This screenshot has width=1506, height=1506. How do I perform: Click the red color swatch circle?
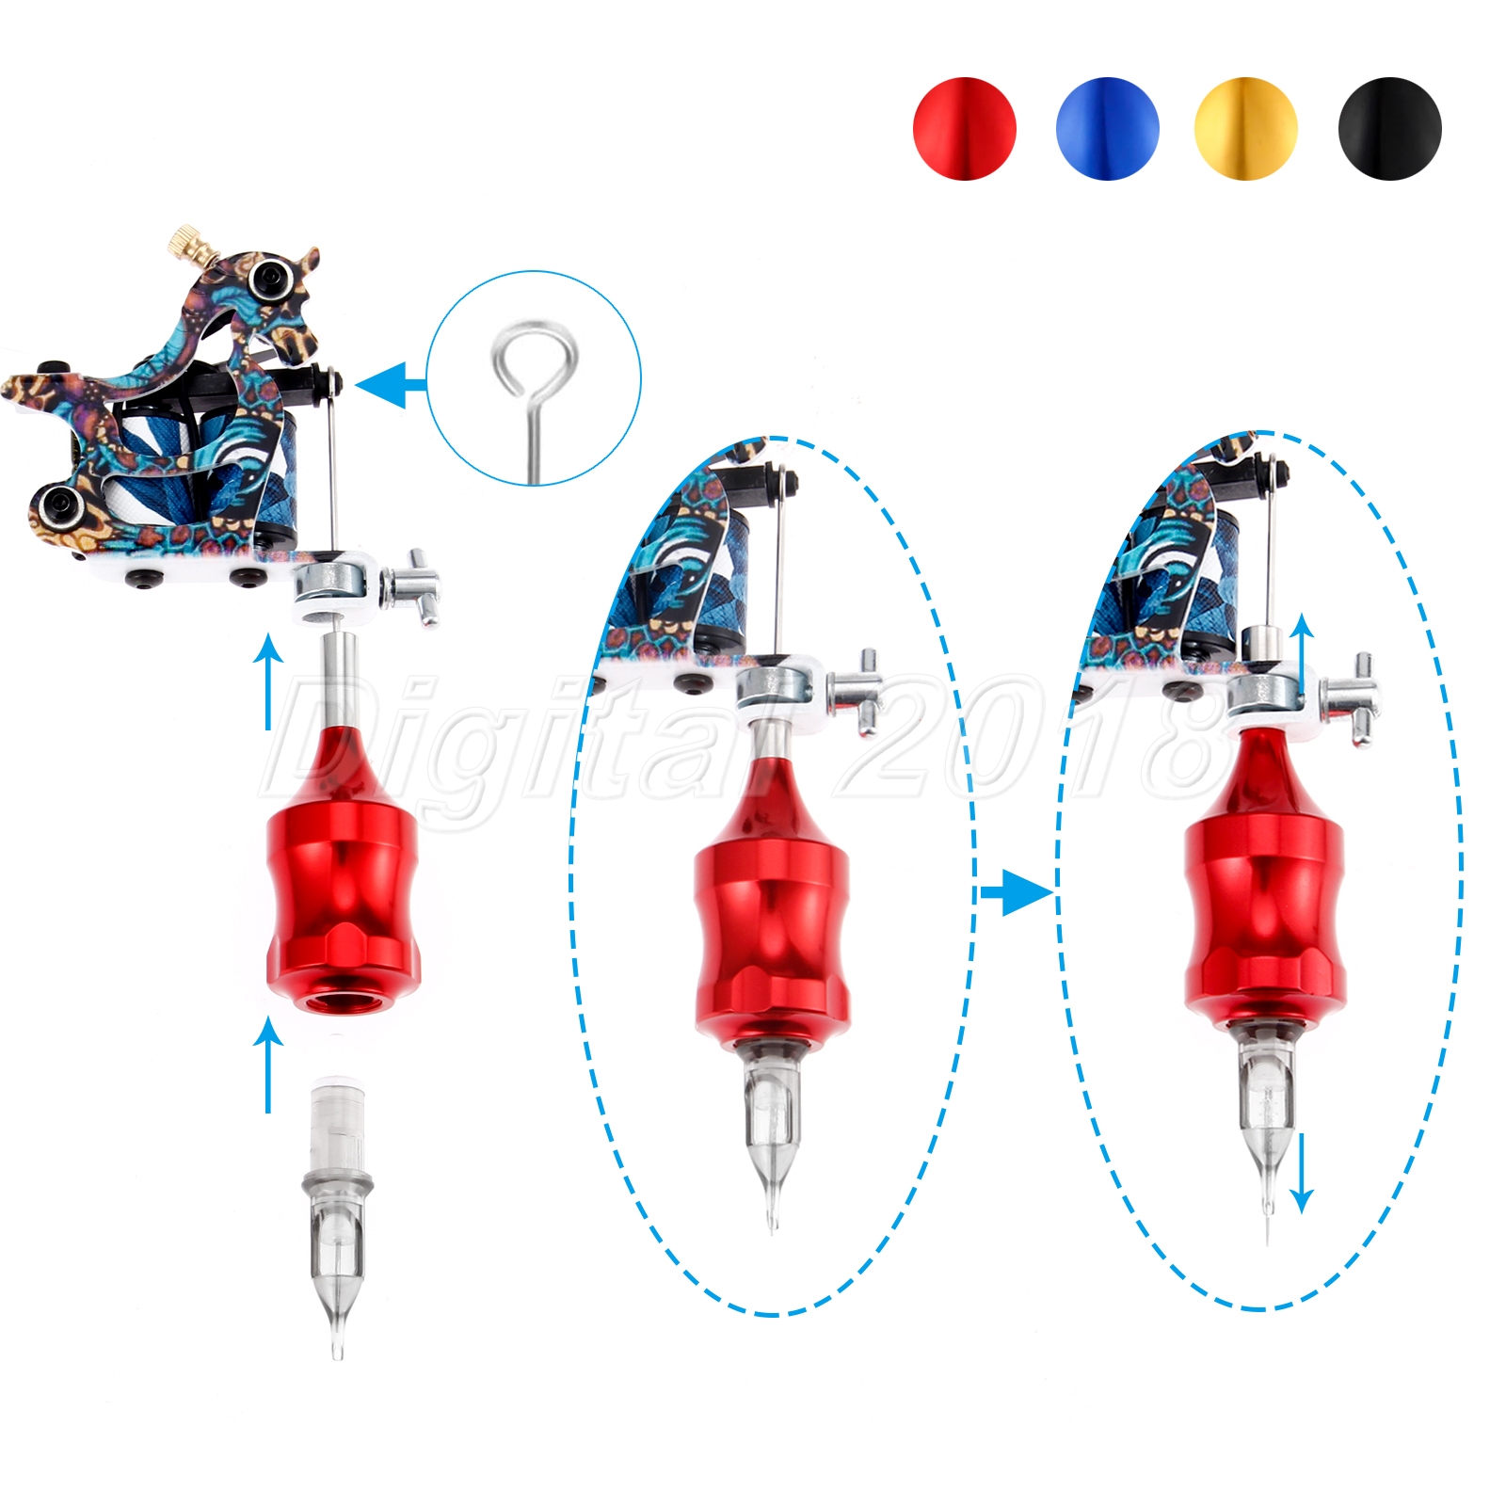[964, 128]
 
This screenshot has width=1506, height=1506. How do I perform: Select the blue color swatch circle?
[1107, 128]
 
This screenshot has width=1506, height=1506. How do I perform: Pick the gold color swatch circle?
[1245, 128]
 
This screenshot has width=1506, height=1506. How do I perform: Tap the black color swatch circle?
[1389, 128]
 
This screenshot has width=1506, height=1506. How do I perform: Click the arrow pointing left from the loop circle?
[391, 384]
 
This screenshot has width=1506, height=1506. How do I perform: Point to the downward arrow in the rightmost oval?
[1301, 1172]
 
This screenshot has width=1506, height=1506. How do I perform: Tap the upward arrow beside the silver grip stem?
[269, 683]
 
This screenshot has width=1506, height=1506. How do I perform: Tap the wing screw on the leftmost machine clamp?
[411, 587]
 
